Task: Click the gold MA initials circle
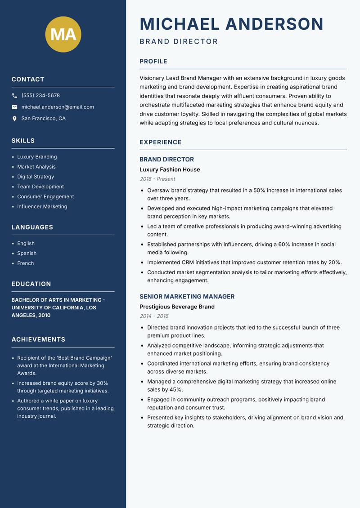click(63, 34)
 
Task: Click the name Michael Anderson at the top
click(231, 24)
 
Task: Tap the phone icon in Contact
click(15, 96)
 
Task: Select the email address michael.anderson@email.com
click(58, 107)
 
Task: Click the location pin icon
click(15, 119)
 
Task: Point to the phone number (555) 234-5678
click(40, 96)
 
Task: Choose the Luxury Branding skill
click(37, 157)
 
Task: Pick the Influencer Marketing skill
click(42, 207)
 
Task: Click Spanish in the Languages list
click(27, 254)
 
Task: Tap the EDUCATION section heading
click(31, 284)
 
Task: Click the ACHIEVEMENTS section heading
click(38, 339)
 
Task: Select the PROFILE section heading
click(153, 62)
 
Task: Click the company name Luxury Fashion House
click(170, 170)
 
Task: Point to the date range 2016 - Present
click(157, 179)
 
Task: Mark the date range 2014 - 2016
click(154, 316)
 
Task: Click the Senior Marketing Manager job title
click(187, 297)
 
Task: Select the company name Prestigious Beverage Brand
click(177, 307)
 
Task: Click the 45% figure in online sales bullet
click(175, 390)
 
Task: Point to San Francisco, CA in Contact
click(43, 119)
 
